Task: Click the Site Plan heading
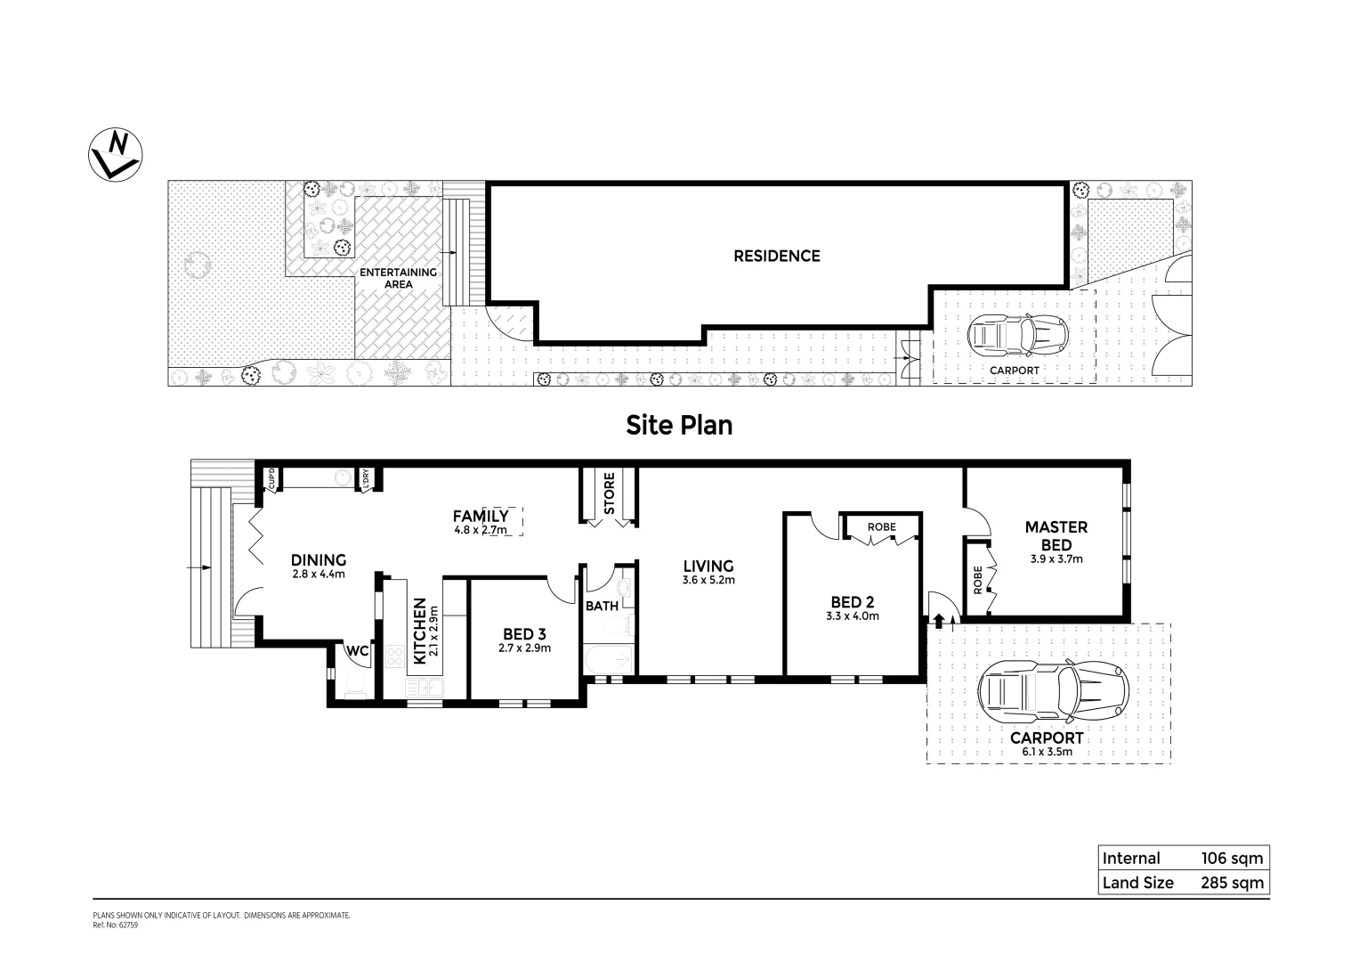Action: tap(679, 425)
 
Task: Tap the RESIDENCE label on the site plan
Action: tap(776, 257)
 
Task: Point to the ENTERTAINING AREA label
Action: tap(398, 278)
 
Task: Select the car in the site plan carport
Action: tap(1016, 336)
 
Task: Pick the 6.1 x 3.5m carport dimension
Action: tap(1047, 752)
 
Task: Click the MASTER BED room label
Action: tap(1056, 536)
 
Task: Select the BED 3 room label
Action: tap(524, 634)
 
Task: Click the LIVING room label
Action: tap(708, 566)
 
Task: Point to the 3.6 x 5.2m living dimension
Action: tap(708, 580)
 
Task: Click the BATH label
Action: tap(602, 607)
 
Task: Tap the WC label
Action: tap(358, 651)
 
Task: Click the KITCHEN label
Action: tap(419, 631)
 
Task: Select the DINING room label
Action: tap(319, 560)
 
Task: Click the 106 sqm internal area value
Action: tap(1232, 859)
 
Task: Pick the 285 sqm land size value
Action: tap(1232, 883)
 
